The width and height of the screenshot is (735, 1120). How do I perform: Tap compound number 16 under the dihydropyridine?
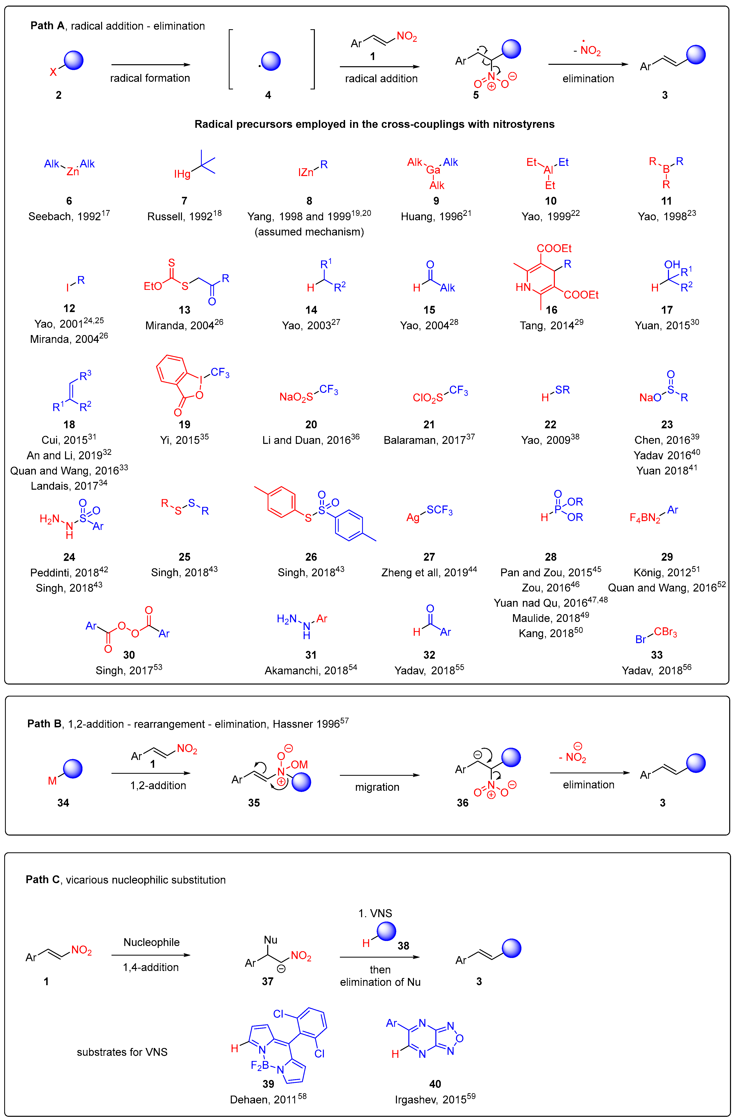(551, 310)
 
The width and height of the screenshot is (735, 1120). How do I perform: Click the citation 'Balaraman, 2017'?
(429, 439)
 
